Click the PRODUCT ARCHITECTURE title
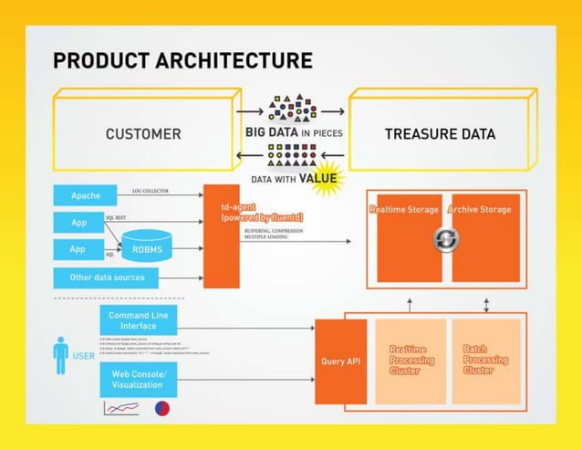coord(182,61)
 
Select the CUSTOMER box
coord(143,133)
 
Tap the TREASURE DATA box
coord(440,133)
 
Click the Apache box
coord(86,195)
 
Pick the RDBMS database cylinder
coord(146,246)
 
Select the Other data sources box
coord(107,277)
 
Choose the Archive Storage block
coord(486,237)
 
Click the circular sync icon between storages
coord(447,239)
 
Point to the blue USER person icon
coord(60,355)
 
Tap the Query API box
coord(340,361)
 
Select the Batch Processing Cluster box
coord(486,361)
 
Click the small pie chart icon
coord(161,409)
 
